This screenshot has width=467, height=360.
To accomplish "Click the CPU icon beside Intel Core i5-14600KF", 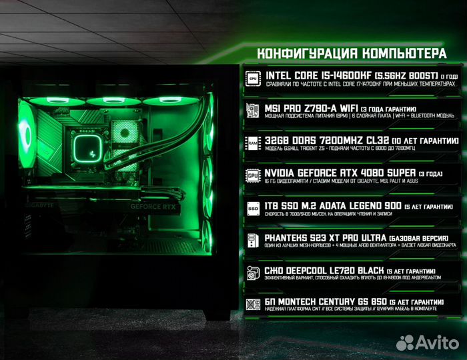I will (x=253, y=78).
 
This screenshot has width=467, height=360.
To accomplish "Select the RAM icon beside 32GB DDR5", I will (x=253, y=142).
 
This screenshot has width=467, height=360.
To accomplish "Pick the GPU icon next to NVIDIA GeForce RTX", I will (x=253, y=175).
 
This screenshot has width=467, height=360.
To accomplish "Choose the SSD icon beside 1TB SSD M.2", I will (x=253, y=207).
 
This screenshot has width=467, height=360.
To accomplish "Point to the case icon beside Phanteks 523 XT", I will (x=253, y=239).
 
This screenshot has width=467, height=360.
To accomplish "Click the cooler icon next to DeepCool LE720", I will (x=253, y=272).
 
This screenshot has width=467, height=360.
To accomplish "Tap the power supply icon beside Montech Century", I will (x=253, y=304).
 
